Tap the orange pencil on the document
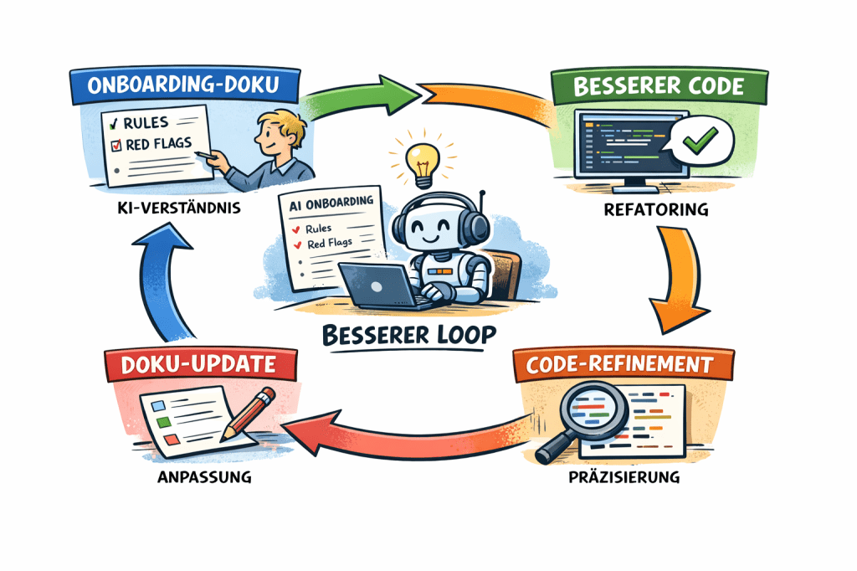250,414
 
